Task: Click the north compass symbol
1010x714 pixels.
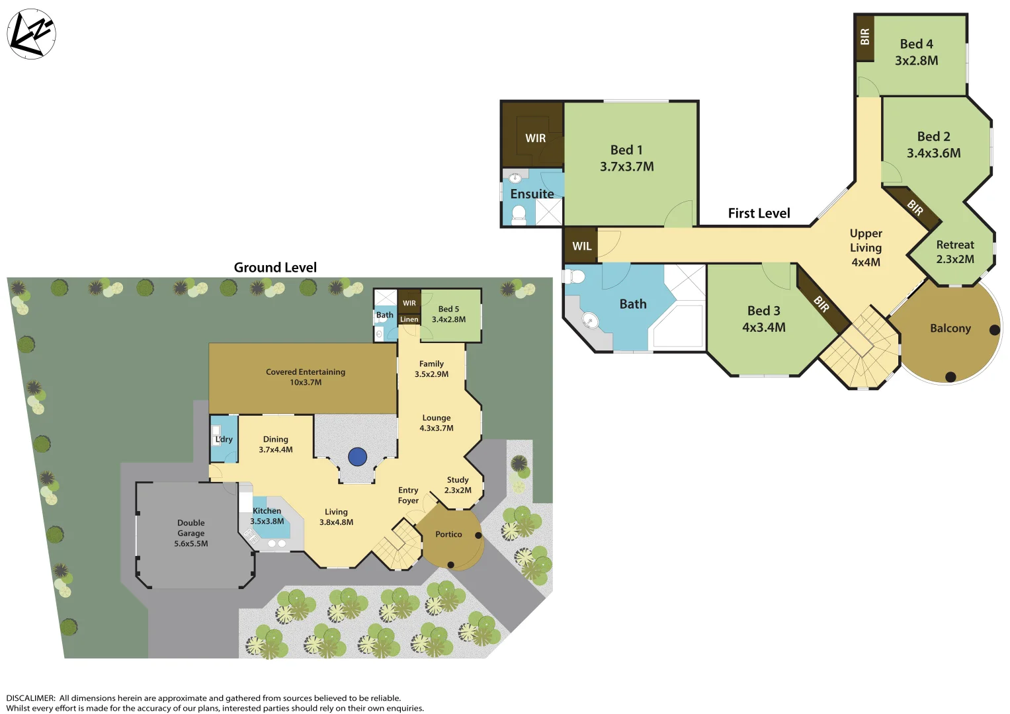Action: pyautogui.click(x=31, y=34)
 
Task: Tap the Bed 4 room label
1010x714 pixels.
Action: pyautogui.click(x=916, y=52)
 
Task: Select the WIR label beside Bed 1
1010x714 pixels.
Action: pyautogui.click(x=535, y=138)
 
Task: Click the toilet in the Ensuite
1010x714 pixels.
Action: pyautogui.click(x=519, y=214)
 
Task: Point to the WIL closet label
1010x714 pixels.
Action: pyautogui.click(x=581, y=246)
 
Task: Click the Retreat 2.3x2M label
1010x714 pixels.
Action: pyautogui.click(x=954, y=252)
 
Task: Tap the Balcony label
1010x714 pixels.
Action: pyautogui.click(x=950, y=329)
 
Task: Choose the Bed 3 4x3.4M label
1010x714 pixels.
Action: pyautogui.click(x=763, y=319)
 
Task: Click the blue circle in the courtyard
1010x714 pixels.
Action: pyautogui.click(x=357, y=456)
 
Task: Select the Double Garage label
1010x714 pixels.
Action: pyautogui.click(x=190, y=533)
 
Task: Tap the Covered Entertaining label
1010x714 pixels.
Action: pyautogui.click(x=306, y=377)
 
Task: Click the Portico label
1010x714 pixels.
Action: pyautogui.click(x=448, y=534)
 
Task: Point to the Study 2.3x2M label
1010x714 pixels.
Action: pyautogui.click(x=458, y=485)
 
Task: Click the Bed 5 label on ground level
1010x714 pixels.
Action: pyautogui.click(x=448, y=314)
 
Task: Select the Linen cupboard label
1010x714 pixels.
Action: pyautogui.click(x=409, y=319)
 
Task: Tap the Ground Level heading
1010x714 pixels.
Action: pyautogui.click(x=275, y=267)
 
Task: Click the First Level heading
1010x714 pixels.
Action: pyautogui.click(x=759, y=213)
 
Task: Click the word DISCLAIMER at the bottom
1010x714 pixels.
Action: pyautogui.click(x=30, y=698)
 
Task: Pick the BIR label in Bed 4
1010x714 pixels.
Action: pyautogui.click(x=864, y=37)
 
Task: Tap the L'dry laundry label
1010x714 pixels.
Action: pyautogui.click(x=224, y=439)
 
